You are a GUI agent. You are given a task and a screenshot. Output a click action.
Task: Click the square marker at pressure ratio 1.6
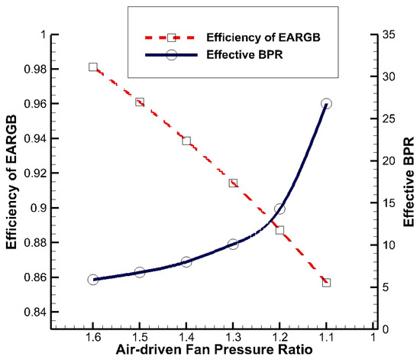coord(92,67)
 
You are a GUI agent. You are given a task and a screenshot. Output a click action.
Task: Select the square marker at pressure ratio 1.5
coord(140,102)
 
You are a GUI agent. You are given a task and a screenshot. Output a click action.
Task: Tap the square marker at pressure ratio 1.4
coord(186,141)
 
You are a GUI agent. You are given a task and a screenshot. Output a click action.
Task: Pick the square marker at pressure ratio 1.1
coord(327,282)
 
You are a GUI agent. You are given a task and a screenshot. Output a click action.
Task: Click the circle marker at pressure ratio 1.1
coord(327,103)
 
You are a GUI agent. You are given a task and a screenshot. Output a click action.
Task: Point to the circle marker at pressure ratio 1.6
coord(92,280)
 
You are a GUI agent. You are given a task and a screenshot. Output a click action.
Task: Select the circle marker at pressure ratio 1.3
coord(233,245)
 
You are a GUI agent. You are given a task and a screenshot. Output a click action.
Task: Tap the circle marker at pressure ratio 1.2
coord(279,209)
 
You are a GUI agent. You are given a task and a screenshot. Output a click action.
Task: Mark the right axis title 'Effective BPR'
coord(410,182)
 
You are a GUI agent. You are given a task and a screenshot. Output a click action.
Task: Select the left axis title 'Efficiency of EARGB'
coord(10,182)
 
